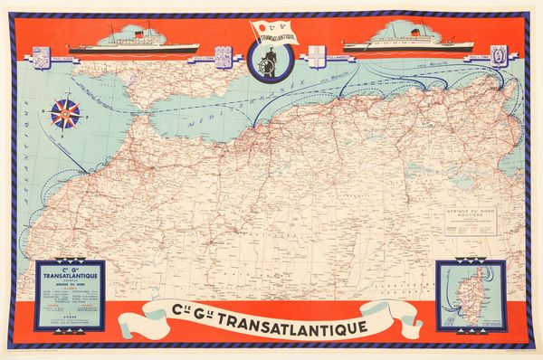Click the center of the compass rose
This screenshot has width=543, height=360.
66,112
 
